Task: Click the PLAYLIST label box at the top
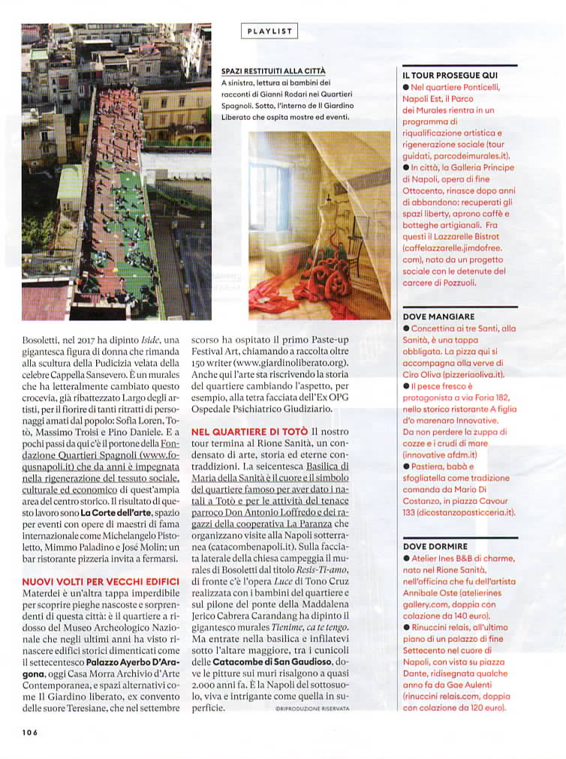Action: [269, 31]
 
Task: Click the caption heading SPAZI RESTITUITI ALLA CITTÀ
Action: [273, 70]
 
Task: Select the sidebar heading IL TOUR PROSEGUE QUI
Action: [450, 76]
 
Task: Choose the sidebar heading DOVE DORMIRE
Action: [435, 547]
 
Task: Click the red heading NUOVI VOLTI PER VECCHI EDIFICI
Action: [100, 581]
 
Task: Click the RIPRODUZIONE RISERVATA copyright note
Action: [309, 707]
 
